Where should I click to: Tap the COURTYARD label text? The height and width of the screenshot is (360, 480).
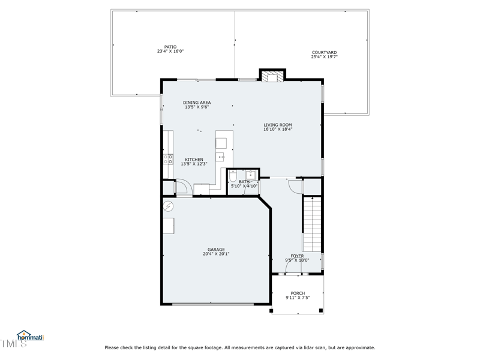coord(324,53)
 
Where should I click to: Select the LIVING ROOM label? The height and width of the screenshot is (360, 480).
coord(277,125)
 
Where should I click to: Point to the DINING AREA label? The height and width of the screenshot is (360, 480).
coord(197,103)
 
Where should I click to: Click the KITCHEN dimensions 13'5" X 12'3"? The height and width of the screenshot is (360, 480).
coord(194,164)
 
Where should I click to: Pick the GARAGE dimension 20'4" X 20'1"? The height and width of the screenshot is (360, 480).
coord(216,254)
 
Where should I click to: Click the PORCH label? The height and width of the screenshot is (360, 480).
coord(298,293)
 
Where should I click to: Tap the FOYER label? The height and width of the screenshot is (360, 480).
coord(297,256)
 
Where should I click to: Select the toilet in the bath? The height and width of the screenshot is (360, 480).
coord(233,176)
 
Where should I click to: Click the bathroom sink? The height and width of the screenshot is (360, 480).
coord(251,175)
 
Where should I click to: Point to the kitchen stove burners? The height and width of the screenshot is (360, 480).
coord(168,159)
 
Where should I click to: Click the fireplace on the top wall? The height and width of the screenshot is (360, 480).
coord(272,76)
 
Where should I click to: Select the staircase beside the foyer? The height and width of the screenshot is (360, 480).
coord(312,224)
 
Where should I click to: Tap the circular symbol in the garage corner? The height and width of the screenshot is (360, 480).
coord(169,206)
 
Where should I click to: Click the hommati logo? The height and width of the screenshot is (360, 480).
coord(30,337)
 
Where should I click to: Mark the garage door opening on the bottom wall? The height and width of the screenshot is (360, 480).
coord(213,304)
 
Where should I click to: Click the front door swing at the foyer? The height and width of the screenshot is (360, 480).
coord(294,271)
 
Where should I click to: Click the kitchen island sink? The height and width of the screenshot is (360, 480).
coord(221,157)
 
